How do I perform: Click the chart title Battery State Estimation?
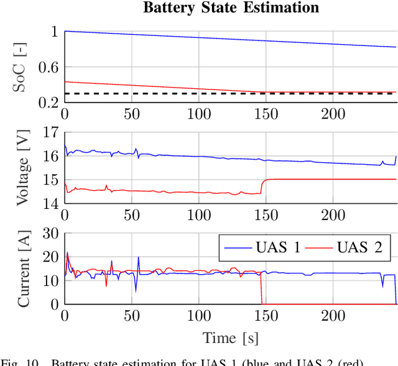pyautogui.click(x=231, y=8)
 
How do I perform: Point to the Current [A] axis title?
pyautogui.click(x=22, y=268)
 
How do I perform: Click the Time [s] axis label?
pyautogui.click(x=230, y=338)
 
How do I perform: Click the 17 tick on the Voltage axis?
pyautogui.click(x=49, y=132)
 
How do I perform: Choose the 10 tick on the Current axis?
pyautogui.click(x=49, y=280)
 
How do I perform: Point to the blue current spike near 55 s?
pyautogui.click(x=138, y=258)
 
